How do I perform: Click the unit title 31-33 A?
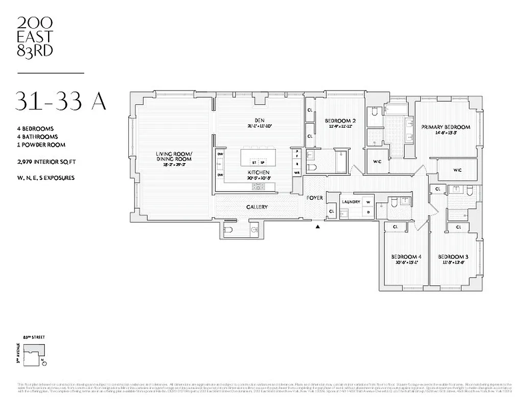click(61, 101)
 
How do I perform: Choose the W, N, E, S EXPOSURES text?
click(45, 177)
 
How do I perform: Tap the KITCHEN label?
click(259, 173)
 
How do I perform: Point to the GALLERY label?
click(257, 207)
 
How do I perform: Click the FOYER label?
click(314, 197)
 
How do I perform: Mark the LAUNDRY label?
click(351, 202)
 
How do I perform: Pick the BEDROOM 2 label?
click(340, 121)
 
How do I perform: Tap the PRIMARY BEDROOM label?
click(445, 127)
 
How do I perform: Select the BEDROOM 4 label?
click(406, 257)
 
